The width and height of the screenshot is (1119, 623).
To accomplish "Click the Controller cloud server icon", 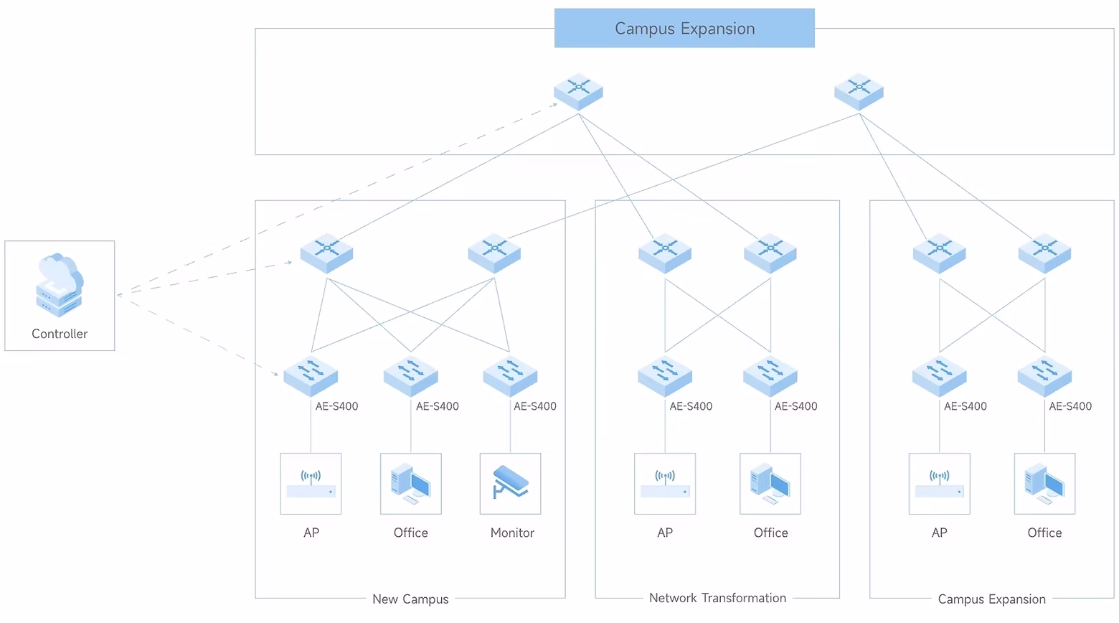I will click(60, 285).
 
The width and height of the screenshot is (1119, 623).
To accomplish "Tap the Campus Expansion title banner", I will click(684, 29).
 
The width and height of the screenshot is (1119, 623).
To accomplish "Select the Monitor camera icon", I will click(510, 483).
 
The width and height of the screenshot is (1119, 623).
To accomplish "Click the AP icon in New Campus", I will click(311, 483).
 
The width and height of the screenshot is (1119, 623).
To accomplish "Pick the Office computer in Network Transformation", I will click(770, 483).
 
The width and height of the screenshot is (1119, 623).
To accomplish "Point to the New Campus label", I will click(410, 599).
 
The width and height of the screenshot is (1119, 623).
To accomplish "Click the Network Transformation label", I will click(717, 598).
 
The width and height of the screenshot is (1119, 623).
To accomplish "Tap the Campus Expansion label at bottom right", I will click(991, 599).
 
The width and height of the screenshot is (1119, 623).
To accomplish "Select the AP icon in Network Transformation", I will click(665, 483).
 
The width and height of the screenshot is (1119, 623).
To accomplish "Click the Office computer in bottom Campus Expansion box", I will click(1044, 483).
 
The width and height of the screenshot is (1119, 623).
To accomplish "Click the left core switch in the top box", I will click(578, 91).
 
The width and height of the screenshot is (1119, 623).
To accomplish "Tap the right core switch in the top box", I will click(859, 91).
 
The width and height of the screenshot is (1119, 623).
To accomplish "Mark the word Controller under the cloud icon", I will click(60, 334).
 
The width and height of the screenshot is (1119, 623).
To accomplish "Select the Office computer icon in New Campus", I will click(410, 483).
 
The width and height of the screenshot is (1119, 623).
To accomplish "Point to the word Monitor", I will click(512, 533).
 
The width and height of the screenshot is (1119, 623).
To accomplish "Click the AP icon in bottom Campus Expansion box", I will click(939, 483).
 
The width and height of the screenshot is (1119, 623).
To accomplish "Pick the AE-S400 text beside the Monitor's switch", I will click(535, 406).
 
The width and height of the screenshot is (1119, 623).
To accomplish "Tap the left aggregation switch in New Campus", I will click(327, 253).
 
